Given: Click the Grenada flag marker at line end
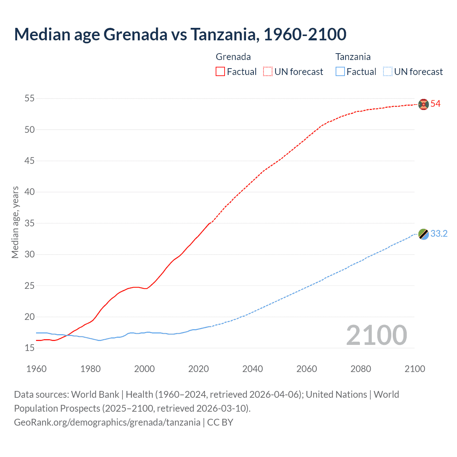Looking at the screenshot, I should click(x=423, y=104).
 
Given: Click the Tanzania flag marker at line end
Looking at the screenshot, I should click(x=423, y=234).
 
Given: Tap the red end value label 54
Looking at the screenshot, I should click(x=436, y=104).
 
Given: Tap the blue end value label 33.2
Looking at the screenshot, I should click(x=439, y=234).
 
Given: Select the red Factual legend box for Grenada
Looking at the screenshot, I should click(x=220, y=72).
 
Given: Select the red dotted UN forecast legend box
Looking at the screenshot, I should click(x=268, y=72).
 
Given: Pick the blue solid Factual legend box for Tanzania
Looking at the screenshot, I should click(x=340, y=72).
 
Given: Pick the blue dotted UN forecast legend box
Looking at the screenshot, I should click(x=387, y=72).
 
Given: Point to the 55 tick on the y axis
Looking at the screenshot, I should click(x=30, y=98).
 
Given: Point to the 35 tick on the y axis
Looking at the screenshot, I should click(x=30, y=223).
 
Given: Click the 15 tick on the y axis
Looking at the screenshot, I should click(x=30, y=348).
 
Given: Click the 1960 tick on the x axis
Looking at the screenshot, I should click(x=36, y=369).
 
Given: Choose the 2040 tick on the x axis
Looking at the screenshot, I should click(x=252, y=369).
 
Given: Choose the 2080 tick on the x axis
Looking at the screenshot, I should click(x=361, y=369).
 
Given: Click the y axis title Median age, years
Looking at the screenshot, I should click(x=15, y=222).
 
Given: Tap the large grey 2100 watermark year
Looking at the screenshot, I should click(x=376, y=335).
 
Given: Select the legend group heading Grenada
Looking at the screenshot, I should click(x=233, y=57).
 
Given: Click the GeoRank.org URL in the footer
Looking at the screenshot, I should click(x=107, y=422).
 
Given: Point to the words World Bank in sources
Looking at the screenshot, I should click(x=95, y=395).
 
